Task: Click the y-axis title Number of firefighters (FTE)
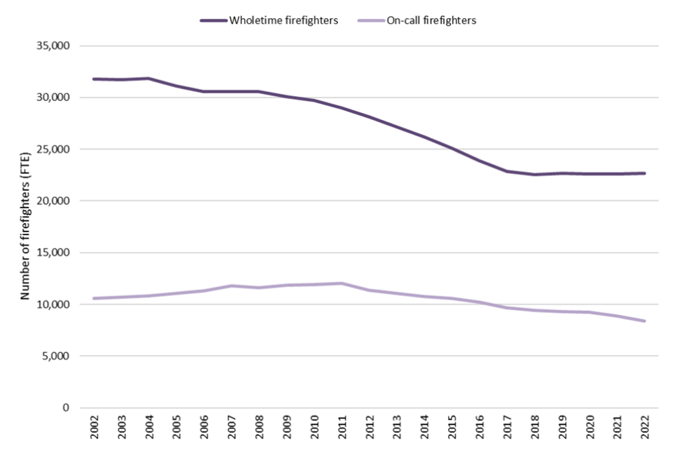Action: pos(25,226)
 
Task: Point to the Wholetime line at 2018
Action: pos(534,175)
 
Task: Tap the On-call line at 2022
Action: pos(644,321)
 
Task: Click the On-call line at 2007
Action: pos(232,286)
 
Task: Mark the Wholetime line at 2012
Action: pos(369,117)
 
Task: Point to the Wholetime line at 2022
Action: pos(644,173)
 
